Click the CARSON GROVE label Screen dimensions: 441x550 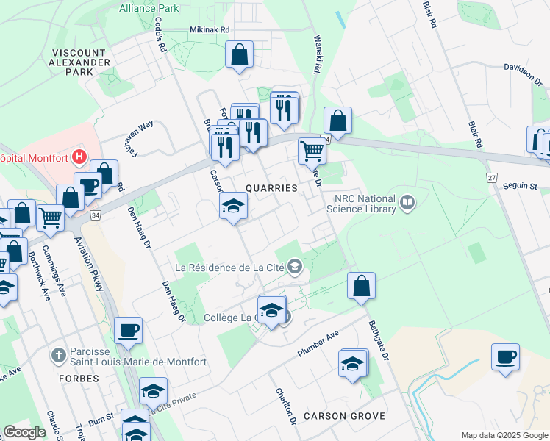(351, 416)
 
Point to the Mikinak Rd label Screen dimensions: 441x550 (210, 30)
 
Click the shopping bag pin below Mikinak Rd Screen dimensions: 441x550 (240, 54)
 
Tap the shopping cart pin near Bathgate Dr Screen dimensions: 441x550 (312, 151)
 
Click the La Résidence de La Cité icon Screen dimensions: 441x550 (295, 266)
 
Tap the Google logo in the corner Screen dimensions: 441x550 (25, 432)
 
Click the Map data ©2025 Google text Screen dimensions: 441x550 (504, 435)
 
